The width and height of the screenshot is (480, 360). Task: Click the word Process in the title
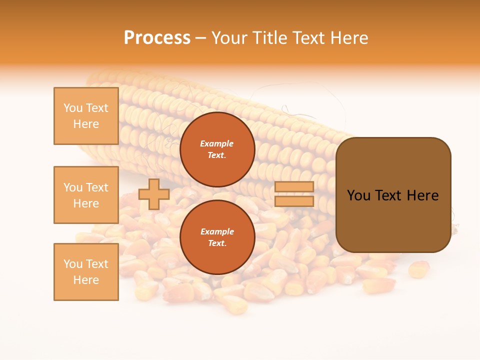[x=157, y=38]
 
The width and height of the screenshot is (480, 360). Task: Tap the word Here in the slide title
[x=348, y=38]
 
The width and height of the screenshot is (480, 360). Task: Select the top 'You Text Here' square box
[x=86, y=116]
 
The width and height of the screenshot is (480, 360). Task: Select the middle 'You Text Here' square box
[x=86, y=195]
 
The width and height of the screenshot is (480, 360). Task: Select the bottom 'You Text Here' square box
[x=86, y=272]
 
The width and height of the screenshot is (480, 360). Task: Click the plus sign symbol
[x=153, y=194]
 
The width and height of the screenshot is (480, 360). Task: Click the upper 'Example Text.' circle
[x=217, y=149]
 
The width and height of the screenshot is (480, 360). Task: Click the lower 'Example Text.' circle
[x=217, y=237]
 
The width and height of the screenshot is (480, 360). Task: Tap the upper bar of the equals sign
[x=294, y=187]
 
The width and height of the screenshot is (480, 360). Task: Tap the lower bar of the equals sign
[x=294, y=201]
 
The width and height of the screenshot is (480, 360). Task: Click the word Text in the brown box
[x=388, y=195]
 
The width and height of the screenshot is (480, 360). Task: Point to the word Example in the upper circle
[x=217, y=143]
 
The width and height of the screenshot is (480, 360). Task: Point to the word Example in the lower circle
[x=217, y=231]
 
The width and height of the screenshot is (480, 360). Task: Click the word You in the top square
[x=72, y=108]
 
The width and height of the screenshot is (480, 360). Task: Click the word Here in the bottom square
[x=86, y=280]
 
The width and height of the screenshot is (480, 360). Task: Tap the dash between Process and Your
[x=201, y=38]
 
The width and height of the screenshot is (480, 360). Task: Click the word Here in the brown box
[x=422, y=195]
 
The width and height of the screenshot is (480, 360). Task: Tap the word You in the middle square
[x=72, y=187]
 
